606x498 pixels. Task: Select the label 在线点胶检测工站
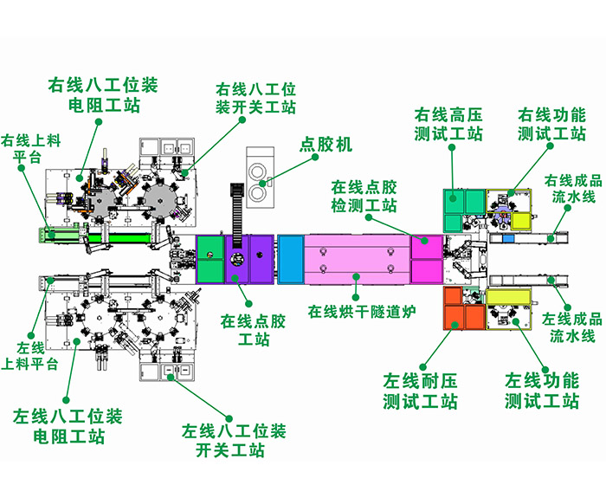coord(364,197)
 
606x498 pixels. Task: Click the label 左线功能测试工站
coord(542,391)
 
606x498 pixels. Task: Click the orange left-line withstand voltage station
coord(464,309)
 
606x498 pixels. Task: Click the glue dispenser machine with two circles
coord(258,174)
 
